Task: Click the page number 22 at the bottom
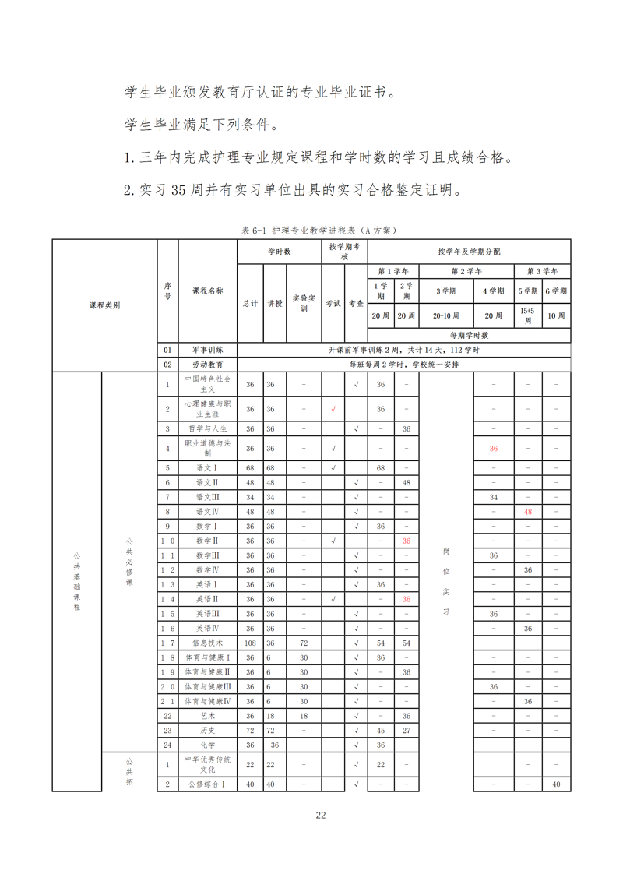[x=320, y=815]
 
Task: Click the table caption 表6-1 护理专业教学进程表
[x=319, y=231]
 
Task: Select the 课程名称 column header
[x=208, y=291]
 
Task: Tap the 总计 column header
[x=250, y=303]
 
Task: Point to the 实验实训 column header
[x=304, y=303]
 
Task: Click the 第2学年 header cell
[x=466, y=271]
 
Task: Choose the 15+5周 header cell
[x=527, y=315]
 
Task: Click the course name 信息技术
[x=207, y=643]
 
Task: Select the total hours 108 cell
[x=250, y=643]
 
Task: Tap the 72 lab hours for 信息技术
[x=304, y=643]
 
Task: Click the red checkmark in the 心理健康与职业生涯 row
[x=333, y=409]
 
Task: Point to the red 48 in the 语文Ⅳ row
[x=527, y=511]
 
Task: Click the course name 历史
[x=207, y=730]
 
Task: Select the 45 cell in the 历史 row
[x=381, y=730]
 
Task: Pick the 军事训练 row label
[x=207, y=350]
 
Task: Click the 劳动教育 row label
[x=207, y=364]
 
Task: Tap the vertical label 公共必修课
[x=130, y=561]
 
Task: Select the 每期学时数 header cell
[x=469, y=335]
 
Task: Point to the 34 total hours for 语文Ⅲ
[x=250, y=496]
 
